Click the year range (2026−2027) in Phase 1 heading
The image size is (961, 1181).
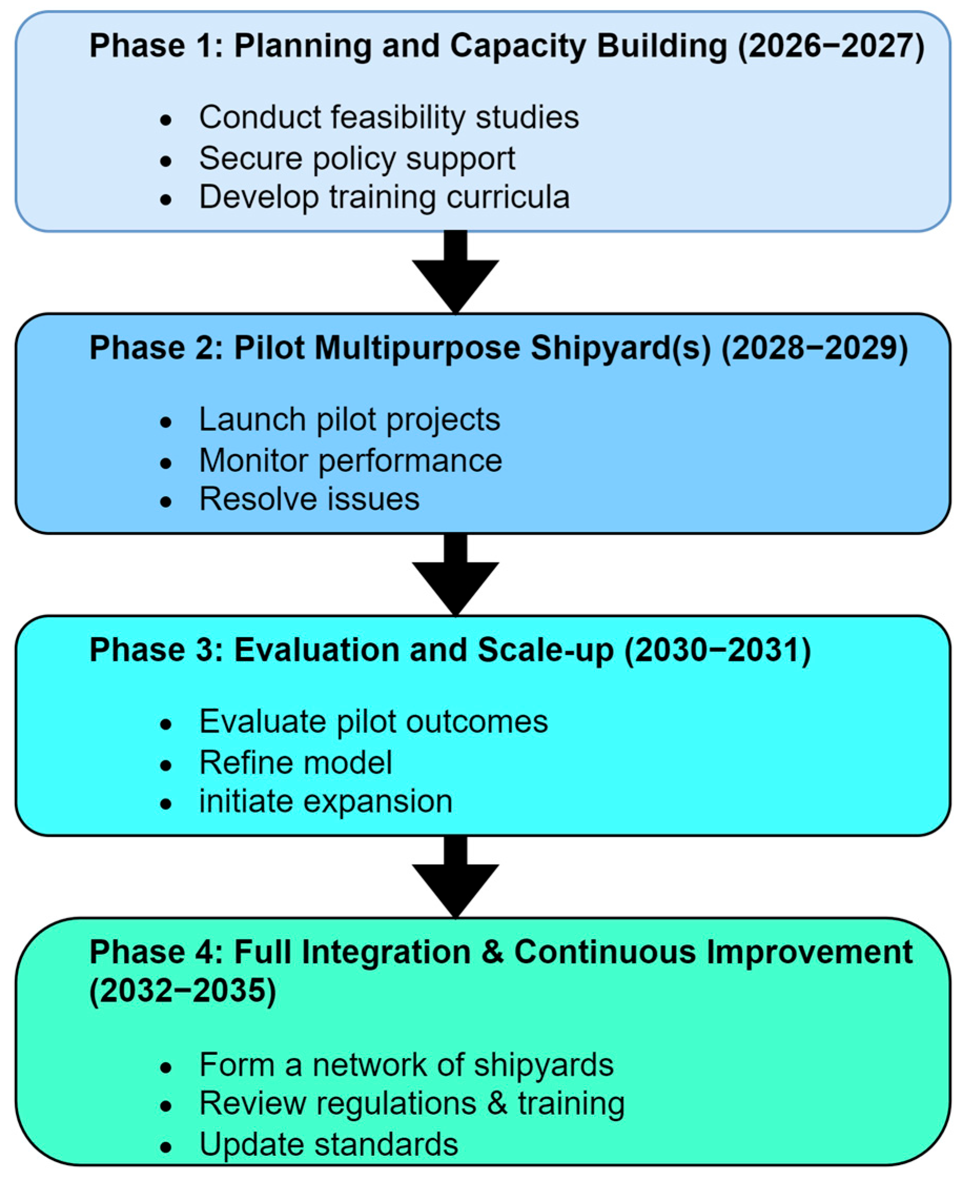[x=830, y=46]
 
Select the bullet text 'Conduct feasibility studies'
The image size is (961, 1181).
[x=389, y=118]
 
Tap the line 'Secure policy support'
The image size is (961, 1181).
[x=357, y=159]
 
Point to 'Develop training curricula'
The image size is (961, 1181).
[x=384, y=198]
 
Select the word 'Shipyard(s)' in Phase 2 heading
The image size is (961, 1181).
[x=620, y=349]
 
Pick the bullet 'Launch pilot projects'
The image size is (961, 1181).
[x=349, y=420]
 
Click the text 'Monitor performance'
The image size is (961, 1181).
[x=350, y=460]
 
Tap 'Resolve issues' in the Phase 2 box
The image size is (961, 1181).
[x=309, y=499]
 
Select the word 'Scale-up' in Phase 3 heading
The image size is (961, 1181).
[x=545, y=650]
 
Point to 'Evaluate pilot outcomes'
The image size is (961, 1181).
[x=373, y=722]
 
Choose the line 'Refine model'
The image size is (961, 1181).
[x=296, y=763]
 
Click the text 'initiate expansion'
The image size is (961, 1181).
[x=326, y=802]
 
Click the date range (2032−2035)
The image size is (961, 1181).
[x=183, y=991]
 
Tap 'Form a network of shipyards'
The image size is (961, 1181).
[x=406, y=1065]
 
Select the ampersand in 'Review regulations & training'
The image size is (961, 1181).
[x=497, y=1104]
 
